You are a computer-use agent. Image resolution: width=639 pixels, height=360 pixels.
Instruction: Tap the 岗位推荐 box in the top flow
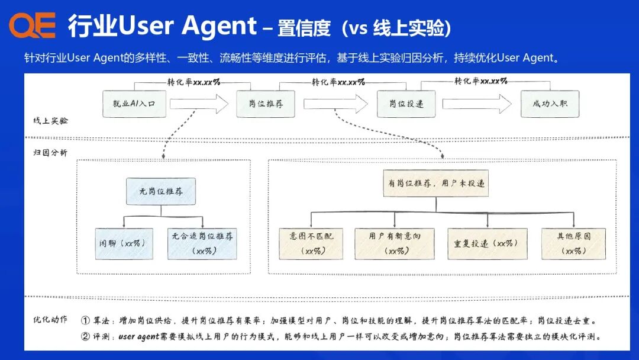(x=266, y=104)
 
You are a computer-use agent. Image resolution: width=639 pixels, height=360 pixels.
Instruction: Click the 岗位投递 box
(x=406, y=104)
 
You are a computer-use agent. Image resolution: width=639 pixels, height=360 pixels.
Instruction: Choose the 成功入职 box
(x=550, y=104)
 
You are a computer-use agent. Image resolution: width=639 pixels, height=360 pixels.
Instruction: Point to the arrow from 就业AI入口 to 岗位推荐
(x=199, y=104)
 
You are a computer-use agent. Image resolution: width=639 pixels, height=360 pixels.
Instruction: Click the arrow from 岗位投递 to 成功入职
(x=477, y=104)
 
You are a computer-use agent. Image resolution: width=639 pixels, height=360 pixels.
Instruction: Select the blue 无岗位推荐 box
(x=160, y=192)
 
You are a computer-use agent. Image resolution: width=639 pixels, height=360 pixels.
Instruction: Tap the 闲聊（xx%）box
(x=124, y=243)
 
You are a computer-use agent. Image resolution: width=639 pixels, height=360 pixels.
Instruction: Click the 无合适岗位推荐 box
(x=202, y=243)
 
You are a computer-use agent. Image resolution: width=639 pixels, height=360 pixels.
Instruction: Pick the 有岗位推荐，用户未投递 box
(x=436, y=184)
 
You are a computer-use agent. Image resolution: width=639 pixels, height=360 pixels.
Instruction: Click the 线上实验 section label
(x=50, y=121)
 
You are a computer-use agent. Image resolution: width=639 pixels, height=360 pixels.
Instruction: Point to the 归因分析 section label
(x=50, y=153)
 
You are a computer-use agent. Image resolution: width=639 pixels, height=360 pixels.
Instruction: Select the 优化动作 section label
(x=50, y=320)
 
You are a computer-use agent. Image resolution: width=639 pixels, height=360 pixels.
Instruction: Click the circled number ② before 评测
(x=85, y=336)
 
